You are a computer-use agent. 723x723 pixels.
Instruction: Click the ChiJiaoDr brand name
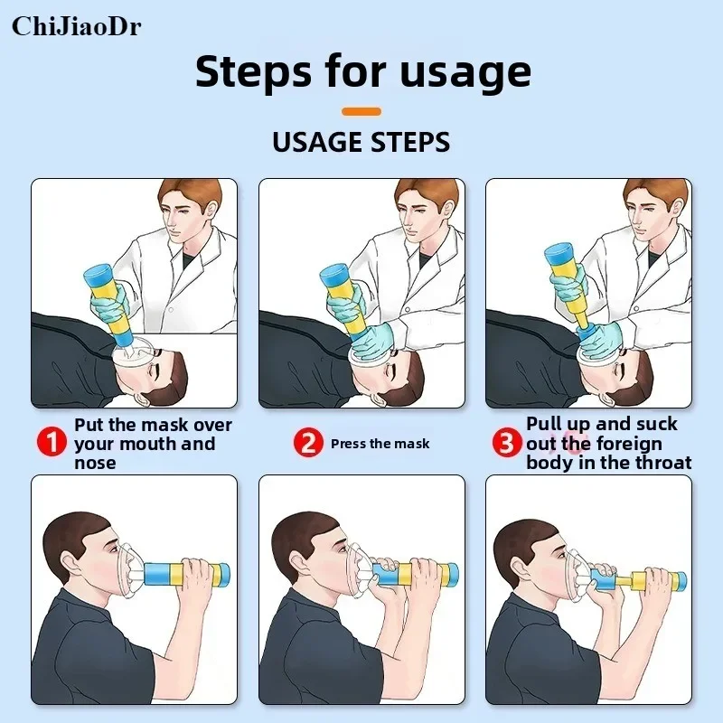[77, 26]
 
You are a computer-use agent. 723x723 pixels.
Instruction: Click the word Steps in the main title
[253, 72]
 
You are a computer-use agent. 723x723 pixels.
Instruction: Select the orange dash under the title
[361, 111]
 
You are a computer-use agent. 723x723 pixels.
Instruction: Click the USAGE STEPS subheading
[361, 142]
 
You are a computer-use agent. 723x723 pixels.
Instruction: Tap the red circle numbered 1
[52, 442]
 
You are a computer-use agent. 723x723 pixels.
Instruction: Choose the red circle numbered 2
[308, 442]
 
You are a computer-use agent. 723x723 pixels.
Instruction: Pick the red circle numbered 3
[507, 442]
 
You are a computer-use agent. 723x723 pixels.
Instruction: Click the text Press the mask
[380, 444]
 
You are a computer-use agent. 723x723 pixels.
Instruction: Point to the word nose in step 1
[95, 463]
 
